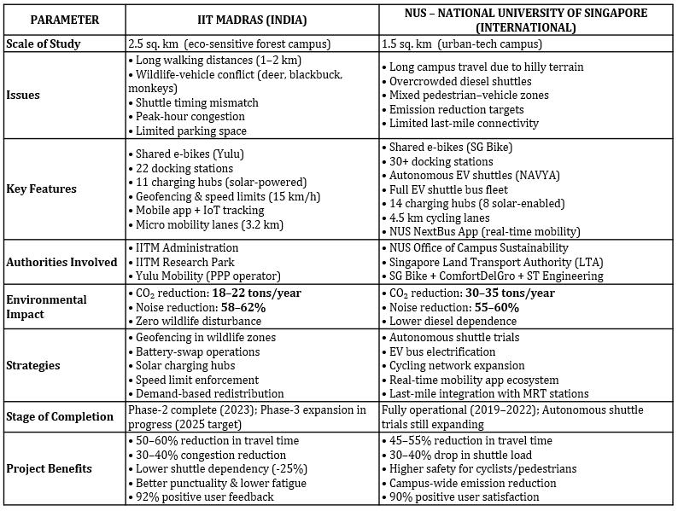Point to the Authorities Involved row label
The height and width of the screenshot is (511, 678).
(61, 261)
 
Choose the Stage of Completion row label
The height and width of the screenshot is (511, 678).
(59, 416)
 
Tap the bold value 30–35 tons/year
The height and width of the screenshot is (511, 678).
(510, 293)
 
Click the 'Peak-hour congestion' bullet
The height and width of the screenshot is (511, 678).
(190, 116)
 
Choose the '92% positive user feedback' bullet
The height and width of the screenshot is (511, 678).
(205, 496)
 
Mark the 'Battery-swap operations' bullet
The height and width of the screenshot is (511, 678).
(197, 351)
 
